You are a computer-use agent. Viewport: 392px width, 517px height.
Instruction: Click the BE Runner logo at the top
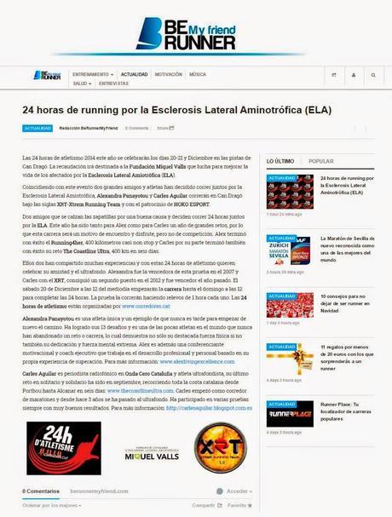(195, 33)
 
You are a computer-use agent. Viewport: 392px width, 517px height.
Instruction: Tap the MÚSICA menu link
(197, 74)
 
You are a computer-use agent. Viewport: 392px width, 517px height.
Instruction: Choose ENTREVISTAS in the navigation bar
(113, 84)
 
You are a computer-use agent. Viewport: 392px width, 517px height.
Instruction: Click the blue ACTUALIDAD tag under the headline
(37, 129)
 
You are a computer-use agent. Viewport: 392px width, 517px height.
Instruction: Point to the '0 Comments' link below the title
(136, 129)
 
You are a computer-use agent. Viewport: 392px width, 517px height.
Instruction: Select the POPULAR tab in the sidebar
(321, 160)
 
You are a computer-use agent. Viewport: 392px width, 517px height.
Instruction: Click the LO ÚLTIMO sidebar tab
(280, 160)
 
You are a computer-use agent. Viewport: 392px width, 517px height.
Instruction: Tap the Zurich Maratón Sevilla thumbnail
(290, 233)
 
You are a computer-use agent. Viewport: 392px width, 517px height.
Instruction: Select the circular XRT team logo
(219, 447)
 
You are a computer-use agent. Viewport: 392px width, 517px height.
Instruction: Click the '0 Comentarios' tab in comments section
(42, 491)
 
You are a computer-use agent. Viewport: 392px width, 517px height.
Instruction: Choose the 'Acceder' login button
(238, 491)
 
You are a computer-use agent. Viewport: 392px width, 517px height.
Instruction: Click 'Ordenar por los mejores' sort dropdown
(50, 506)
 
